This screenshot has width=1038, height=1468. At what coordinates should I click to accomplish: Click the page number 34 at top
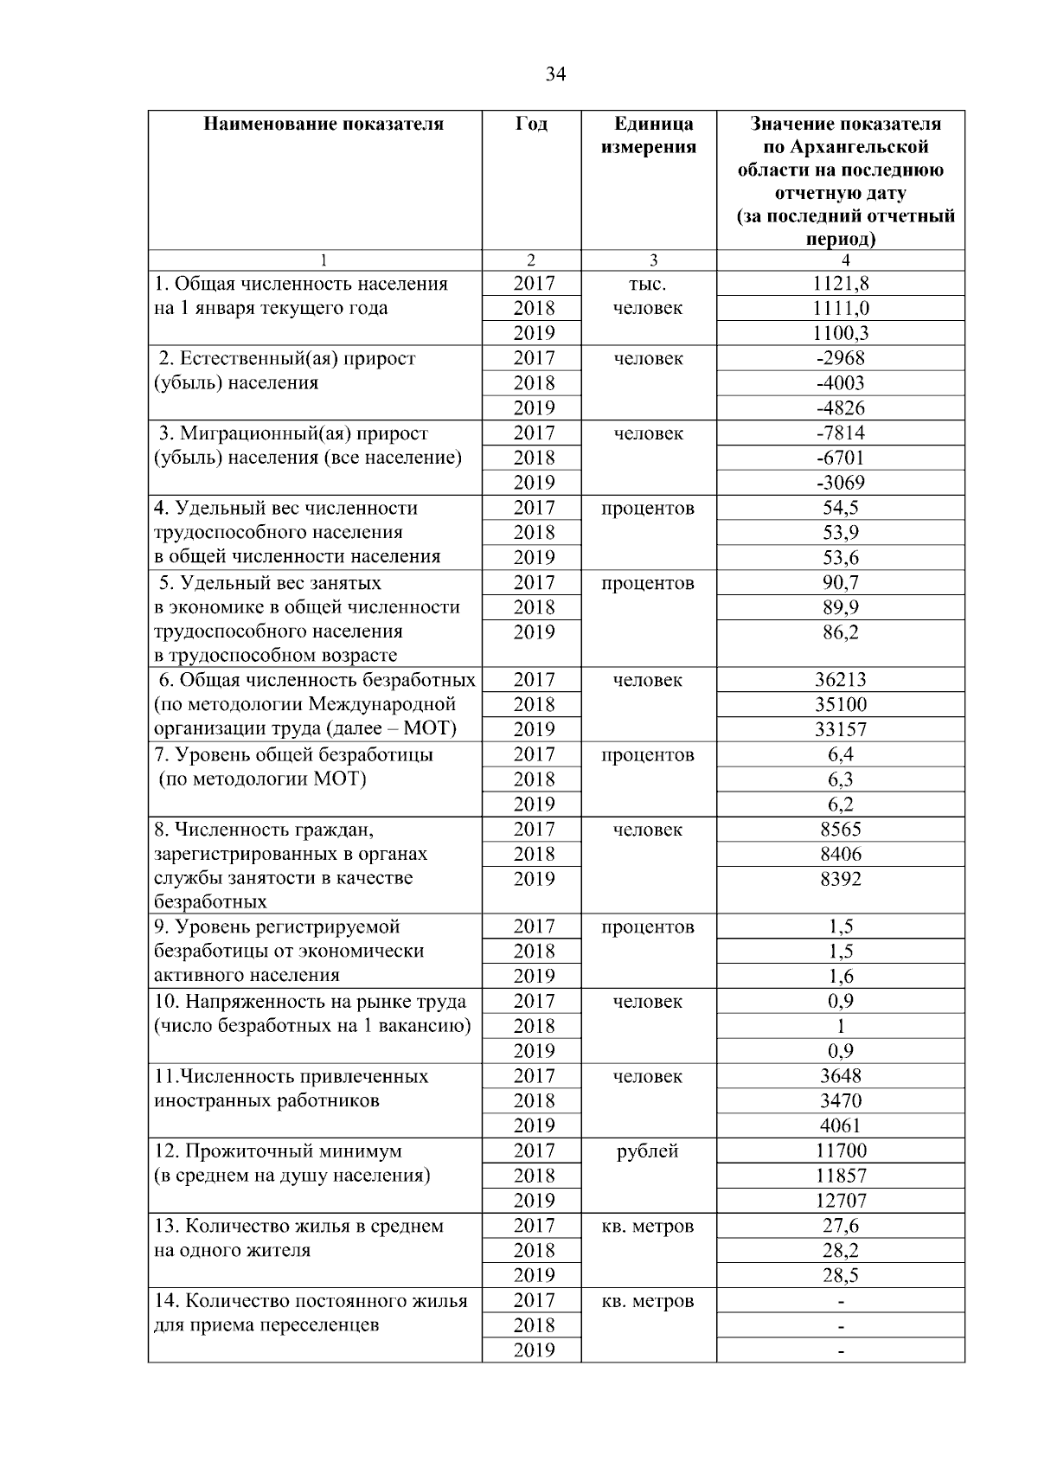tap(555, 74)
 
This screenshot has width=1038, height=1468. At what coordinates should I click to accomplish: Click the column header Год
tap(531, 125)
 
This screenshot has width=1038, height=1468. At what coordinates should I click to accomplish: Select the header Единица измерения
tap(648, 135)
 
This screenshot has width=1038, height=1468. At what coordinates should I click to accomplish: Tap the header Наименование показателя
tap(324, 125)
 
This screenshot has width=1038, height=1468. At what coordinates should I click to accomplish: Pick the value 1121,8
tap(840, 284)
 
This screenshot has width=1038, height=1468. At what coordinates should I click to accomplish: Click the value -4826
tap(840, 408)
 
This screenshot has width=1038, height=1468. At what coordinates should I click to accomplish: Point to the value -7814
tap(840, 433)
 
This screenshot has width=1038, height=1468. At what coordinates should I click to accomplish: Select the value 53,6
tap(840, 558)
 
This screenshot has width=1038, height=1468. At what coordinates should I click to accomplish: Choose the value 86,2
tap(840, 632)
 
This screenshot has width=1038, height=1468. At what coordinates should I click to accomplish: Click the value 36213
tap(840, 681)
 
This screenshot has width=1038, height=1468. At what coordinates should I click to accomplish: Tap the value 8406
tap(840, 855)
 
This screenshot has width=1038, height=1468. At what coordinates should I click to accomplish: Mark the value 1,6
tap(840, 977)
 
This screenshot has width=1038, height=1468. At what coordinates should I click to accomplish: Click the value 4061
tap(840, 1126)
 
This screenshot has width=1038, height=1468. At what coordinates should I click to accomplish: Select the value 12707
tap(840, 1201)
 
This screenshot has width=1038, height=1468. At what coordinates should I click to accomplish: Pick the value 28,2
tap(840, 1251)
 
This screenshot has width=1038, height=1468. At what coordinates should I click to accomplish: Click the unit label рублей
tap(647, 1151)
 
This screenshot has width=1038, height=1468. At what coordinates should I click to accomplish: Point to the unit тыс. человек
tap(647, 296)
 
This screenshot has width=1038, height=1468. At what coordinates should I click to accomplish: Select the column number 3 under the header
tap(653, 260)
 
